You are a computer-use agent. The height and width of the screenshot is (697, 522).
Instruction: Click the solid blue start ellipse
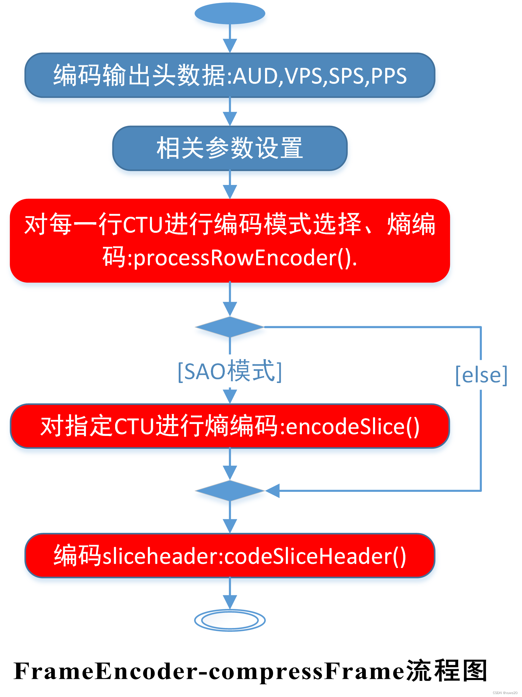click(230, 13)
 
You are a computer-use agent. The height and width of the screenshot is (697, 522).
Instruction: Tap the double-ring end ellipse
click(230, 620)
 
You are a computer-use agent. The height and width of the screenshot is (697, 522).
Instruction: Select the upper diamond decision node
click(230, 327)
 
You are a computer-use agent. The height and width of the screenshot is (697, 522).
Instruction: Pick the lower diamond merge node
click(230, 491)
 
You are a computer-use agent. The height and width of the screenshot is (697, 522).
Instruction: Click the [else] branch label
click(481, 375)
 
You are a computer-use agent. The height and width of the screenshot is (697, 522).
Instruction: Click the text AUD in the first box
click(255, 76)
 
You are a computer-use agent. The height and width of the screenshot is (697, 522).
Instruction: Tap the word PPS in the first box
click(388, 76)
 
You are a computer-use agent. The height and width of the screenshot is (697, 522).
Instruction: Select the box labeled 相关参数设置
click(230, 148)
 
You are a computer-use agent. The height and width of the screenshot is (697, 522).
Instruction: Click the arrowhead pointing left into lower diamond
click(272, 491)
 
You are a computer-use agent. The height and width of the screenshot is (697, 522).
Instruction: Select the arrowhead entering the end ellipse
click(230, 602)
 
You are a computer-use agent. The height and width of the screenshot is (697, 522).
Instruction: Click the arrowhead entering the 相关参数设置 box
click(230, 119)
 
